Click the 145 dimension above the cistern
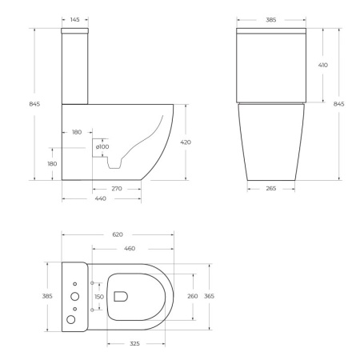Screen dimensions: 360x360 [74, 18]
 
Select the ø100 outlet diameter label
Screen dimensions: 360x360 [102, 146]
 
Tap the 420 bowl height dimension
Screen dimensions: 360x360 [186, 142]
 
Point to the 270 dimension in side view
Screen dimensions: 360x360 [117, 190]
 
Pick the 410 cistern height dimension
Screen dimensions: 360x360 [322, 65]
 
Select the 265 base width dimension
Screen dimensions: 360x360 [271, 190]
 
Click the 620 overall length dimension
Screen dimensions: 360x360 [118, 234]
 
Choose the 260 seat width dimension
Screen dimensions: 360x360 [192, 297]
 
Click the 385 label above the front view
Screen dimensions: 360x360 [271, 18]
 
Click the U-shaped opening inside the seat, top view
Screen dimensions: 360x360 [121, 297]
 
